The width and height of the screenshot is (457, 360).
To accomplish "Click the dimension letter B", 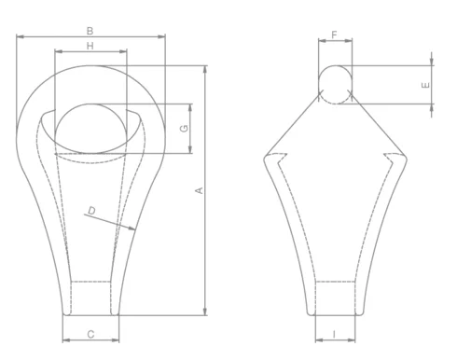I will point(90,31).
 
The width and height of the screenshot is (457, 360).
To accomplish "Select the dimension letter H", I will point(90,46).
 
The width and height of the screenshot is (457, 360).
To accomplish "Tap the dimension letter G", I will point(185,125).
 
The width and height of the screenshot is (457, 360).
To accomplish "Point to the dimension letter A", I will point(198,190).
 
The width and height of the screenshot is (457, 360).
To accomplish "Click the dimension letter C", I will point(90,333).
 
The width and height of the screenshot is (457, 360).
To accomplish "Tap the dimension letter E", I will point(425,84).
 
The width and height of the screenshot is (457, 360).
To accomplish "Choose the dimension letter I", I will point(335,333).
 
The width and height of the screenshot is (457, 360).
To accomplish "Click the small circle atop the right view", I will point(336,83).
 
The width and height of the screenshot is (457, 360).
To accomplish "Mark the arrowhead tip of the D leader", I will point(135,229).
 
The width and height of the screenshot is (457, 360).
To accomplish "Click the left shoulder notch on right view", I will point(280,159).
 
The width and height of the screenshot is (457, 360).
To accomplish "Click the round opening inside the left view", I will point(90,129).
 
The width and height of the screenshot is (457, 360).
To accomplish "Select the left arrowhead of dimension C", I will point(63,340).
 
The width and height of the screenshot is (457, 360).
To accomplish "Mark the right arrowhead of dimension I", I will point(355,340).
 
